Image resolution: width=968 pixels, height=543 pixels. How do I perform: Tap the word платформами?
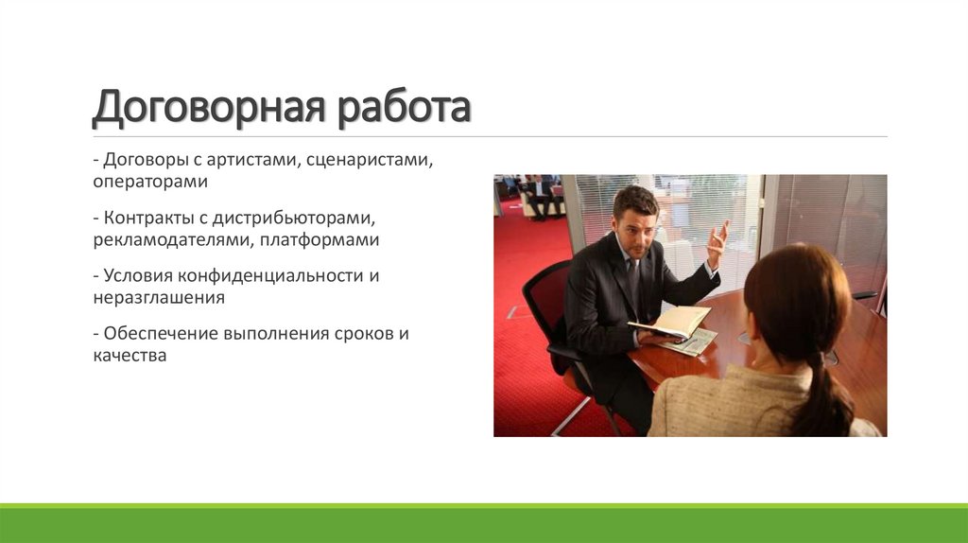pyautogui.click(x=316, y=240)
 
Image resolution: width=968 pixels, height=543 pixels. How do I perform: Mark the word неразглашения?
pyautogui.click(x=158, y=298)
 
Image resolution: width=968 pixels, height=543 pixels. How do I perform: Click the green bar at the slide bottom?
pyautogui.click(x=484, y=524)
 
